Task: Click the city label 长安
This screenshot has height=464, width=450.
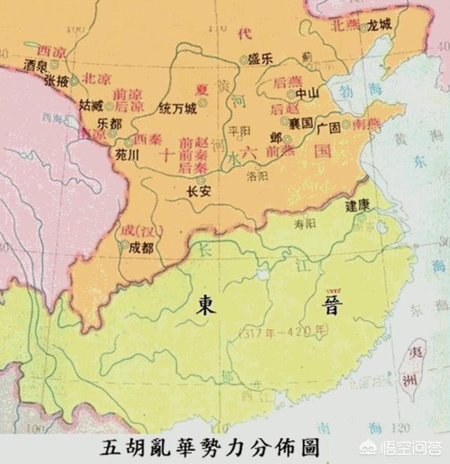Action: click(200, 191)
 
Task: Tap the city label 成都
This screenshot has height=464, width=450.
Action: click(141, 247)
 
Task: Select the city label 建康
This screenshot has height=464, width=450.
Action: click(357, 207)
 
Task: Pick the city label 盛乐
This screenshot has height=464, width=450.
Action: click(262, 60)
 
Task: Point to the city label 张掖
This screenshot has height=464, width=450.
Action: click(57, 82)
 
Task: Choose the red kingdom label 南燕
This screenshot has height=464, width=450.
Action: click(367, 123)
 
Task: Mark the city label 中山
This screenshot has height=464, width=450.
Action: click(307, 93)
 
